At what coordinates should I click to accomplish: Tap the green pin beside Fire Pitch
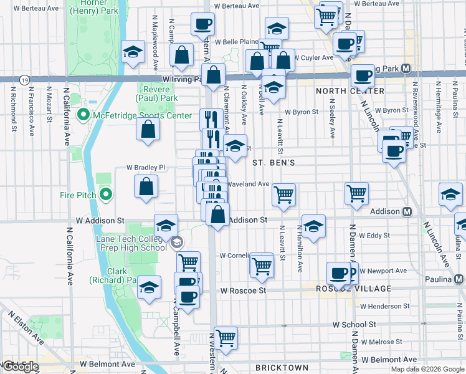(105, 195)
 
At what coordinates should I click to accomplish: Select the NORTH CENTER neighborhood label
(349, 91)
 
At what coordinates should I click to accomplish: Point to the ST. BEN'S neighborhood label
(273, 163)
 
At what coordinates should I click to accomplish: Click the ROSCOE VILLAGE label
(353, 289)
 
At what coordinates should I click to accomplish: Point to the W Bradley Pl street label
(146, 168)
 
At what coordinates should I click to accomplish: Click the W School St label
(354, 325)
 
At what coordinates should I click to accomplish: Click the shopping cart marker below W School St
(226, 338)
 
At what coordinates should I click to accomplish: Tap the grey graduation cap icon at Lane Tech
(176, 243)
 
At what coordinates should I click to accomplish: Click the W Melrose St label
(381, 342)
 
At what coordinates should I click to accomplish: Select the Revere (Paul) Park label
(158, 93)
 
